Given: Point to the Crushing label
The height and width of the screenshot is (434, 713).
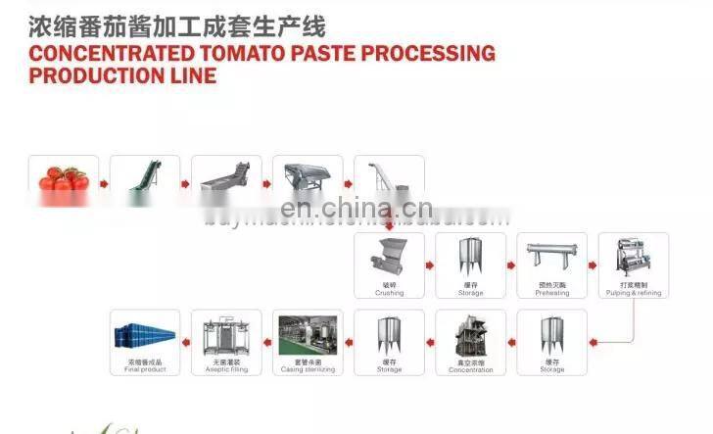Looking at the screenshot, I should click(x=389, y=292).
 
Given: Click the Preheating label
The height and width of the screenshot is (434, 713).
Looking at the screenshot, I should click(x=551, y=292).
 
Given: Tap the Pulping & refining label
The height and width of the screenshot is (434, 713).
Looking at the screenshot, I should click(x=634, y=292).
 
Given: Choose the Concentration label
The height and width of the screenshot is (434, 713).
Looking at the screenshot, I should click(x=470, y=369).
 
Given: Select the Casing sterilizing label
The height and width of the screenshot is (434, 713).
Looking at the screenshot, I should click(x=308, y=369).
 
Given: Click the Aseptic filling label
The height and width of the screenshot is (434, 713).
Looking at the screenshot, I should click(x=226, y=369).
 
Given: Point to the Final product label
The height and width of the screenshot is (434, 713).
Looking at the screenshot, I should click(x=145, y=369).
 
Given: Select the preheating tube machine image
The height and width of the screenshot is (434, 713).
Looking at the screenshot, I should click(x=551, y=257).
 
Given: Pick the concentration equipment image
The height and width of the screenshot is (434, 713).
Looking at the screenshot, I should click(x=470, y=336).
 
